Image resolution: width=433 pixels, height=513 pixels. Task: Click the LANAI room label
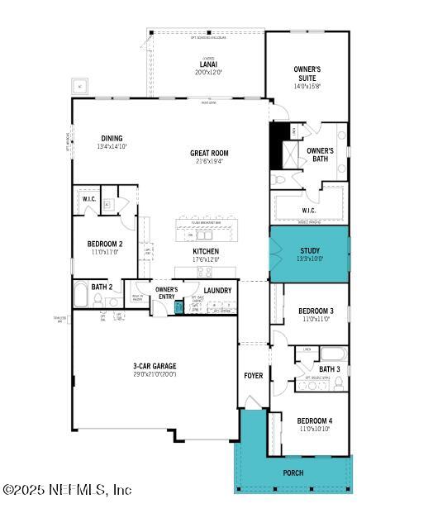coord(208,64)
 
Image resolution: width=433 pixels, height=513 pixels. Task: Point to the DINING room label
coord(112,139)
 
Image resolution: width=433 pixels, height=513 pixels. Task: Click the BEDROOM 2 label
coord(105,244)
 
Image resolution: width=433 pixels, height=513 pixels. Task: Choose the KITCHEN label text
coord(206,251)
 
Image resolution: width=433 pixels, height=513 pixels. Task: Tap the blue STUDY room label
coord(310,250)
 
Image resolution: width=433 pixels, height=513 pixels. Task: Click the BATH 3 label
coord(330,369)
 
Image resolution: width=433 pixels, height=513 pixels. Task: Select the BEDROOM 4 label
coord(315,420)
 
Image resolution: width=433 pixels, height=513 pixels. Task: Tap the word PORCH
coord(293,473)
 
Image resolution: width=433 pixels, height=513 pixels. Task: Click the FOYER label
coord(253,376)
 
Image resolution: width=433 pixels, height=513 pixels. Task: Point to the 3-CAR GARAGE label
coord(155,366)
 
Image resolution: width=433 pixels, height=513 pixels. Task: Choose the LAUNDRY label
coord(217,291)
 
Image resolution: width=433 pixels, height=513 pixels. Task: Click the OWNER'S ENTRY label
coord(167,293)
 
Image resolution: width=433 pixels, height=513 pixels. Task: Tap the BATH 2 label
coord(102,287)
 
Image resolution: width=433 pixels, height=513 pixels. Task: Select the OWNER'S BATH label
coord(320,154)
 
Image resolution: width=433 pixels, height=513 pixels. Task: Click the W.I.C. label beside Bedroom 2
coord(89,199)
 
